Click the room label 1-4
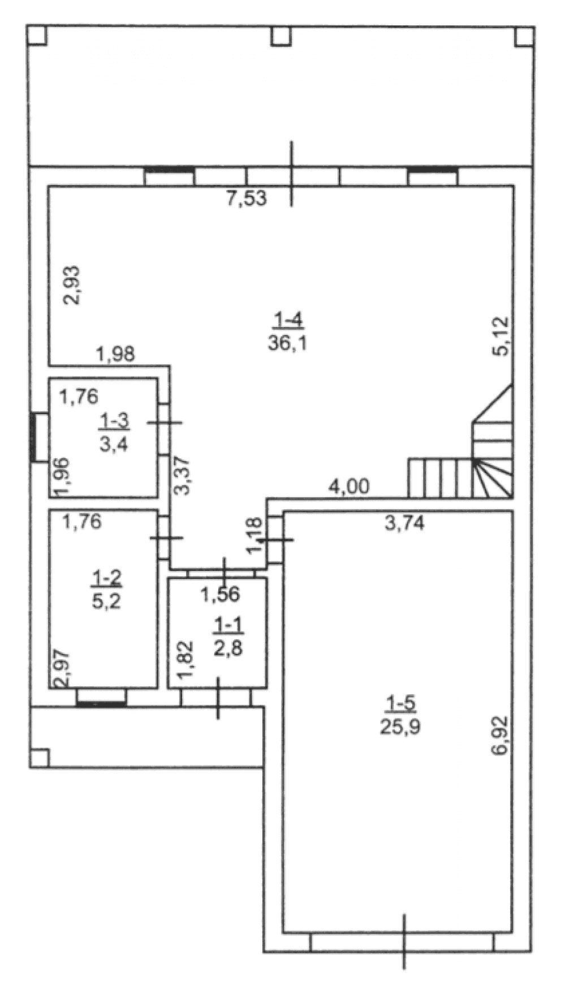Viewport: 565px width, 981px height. click(288, 321)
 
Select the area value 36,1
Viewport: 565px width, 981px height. click(287, 342)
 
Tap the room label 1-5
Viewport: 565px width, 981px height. click(400, 704)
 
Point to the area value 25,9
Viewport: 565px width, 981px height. click(400, 726)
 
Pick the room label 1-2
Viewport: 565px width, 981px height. click(106, 578)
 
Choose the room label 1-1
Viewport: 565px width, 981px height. click(228, 625)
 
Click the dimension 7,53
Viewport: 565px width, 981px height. click(247, 199)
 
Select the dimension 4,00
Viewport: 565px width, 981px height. click(350, 486)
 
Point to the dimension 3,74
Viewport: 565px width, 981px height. click(404, 524)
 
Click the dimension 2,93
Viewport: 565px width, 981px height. click(72, 285)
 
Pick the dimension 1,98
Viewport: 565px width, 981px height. click(115, 355)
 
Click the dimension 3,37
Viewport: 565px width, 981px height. click(183, 476)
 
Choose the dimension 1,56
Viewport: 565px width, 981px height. click(221, 594)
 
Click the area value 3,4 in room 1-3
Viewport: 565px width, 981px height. click(114, 444)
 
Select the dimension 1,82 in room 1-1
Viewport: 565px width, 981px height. click(185, 659)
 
